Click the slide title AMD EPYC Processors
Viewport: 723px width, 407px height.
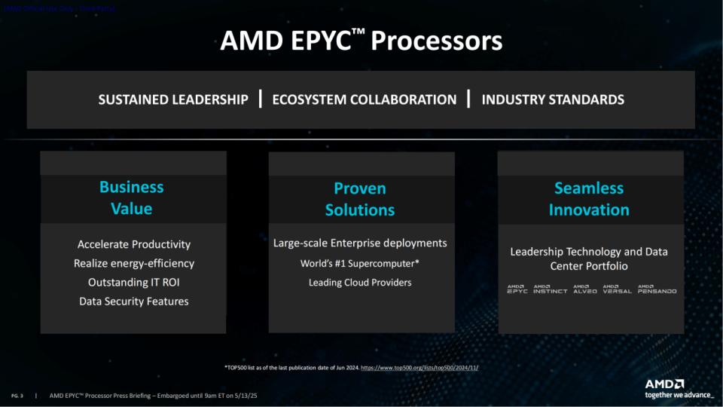[361, 41]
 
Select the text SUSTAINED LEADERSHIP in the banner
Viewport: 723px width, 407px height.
[173, 99]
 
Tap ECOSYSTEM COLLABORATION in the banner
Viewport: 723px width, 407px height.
[364, 99]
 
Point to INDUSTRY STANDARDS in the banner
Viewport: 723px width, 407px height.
[553, 99]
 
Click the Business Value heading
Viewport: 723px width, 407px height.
[132, 197]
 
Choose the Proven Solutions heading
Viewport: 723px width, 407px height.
[360, 199]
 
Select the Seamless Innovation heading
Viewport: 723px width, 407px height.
[589, 199]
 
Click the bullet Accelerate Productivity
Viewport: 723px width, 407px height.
[134, 244]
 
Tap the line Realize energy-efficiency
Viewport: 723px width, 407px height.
[134, 263]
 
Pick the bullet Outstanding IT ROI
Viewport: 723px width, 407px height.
[134, 283]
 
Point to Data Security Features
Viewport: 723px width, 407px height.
[134, 301]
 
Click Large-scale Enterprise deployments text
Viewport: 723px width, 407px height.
[360, 243]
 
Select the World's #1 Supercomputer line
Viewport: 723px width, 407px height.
[360, 264]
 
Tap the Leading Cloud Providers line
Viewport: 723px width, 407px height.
[360, 283]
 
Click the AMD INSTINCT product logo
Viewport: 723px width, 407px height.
[550, 289]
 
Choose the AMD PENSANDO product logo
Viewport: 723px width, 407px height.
[657, 289]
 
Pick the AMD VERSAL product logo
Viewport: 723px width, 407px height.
[617, 289]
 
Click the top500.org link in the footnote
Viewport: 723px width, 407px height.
[420, 367]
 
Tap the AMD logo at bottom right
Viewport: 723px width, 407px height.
[665, 383]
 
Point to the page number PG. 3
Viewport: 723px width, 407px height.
[17, 395]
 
